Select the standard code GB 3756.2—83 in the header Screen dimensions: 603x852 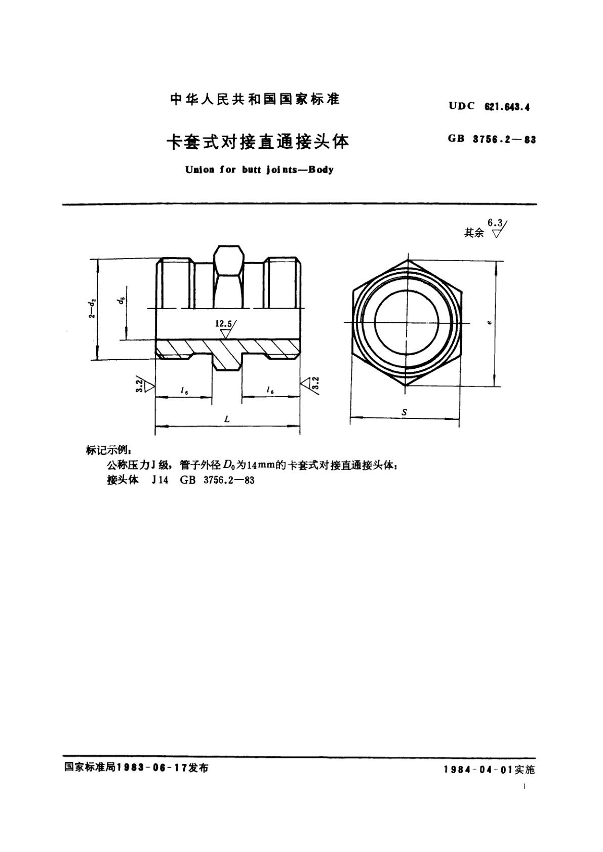pos(491,140)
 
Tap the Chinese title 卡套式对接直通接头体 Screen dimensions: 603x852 pos(258,142)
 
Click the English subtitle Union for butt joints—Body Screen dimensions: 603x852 pos(259,170)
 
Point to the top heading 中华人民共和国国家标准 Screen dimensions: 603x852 pos(255,99)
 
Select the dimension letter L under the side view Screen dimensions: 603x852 pos(227,419)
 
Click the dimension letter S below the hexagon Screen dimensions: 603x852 pos(404,413)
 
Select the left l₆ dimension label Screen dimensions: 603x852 pos(183,391)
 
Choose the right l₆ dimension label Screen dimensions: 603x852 pos(270,391)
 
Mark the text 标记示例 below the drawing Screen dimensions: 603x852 pos(109,450)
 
